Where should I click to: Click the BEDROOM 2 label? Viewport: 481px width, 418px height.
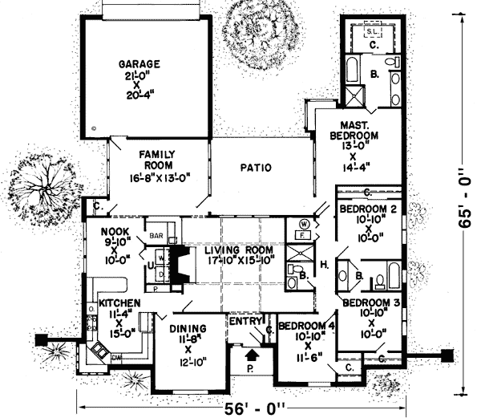367,209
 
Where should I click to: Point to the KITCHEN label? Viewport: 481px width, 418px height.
120,303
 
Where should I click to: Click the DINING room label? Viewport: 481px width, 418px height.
188,328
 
